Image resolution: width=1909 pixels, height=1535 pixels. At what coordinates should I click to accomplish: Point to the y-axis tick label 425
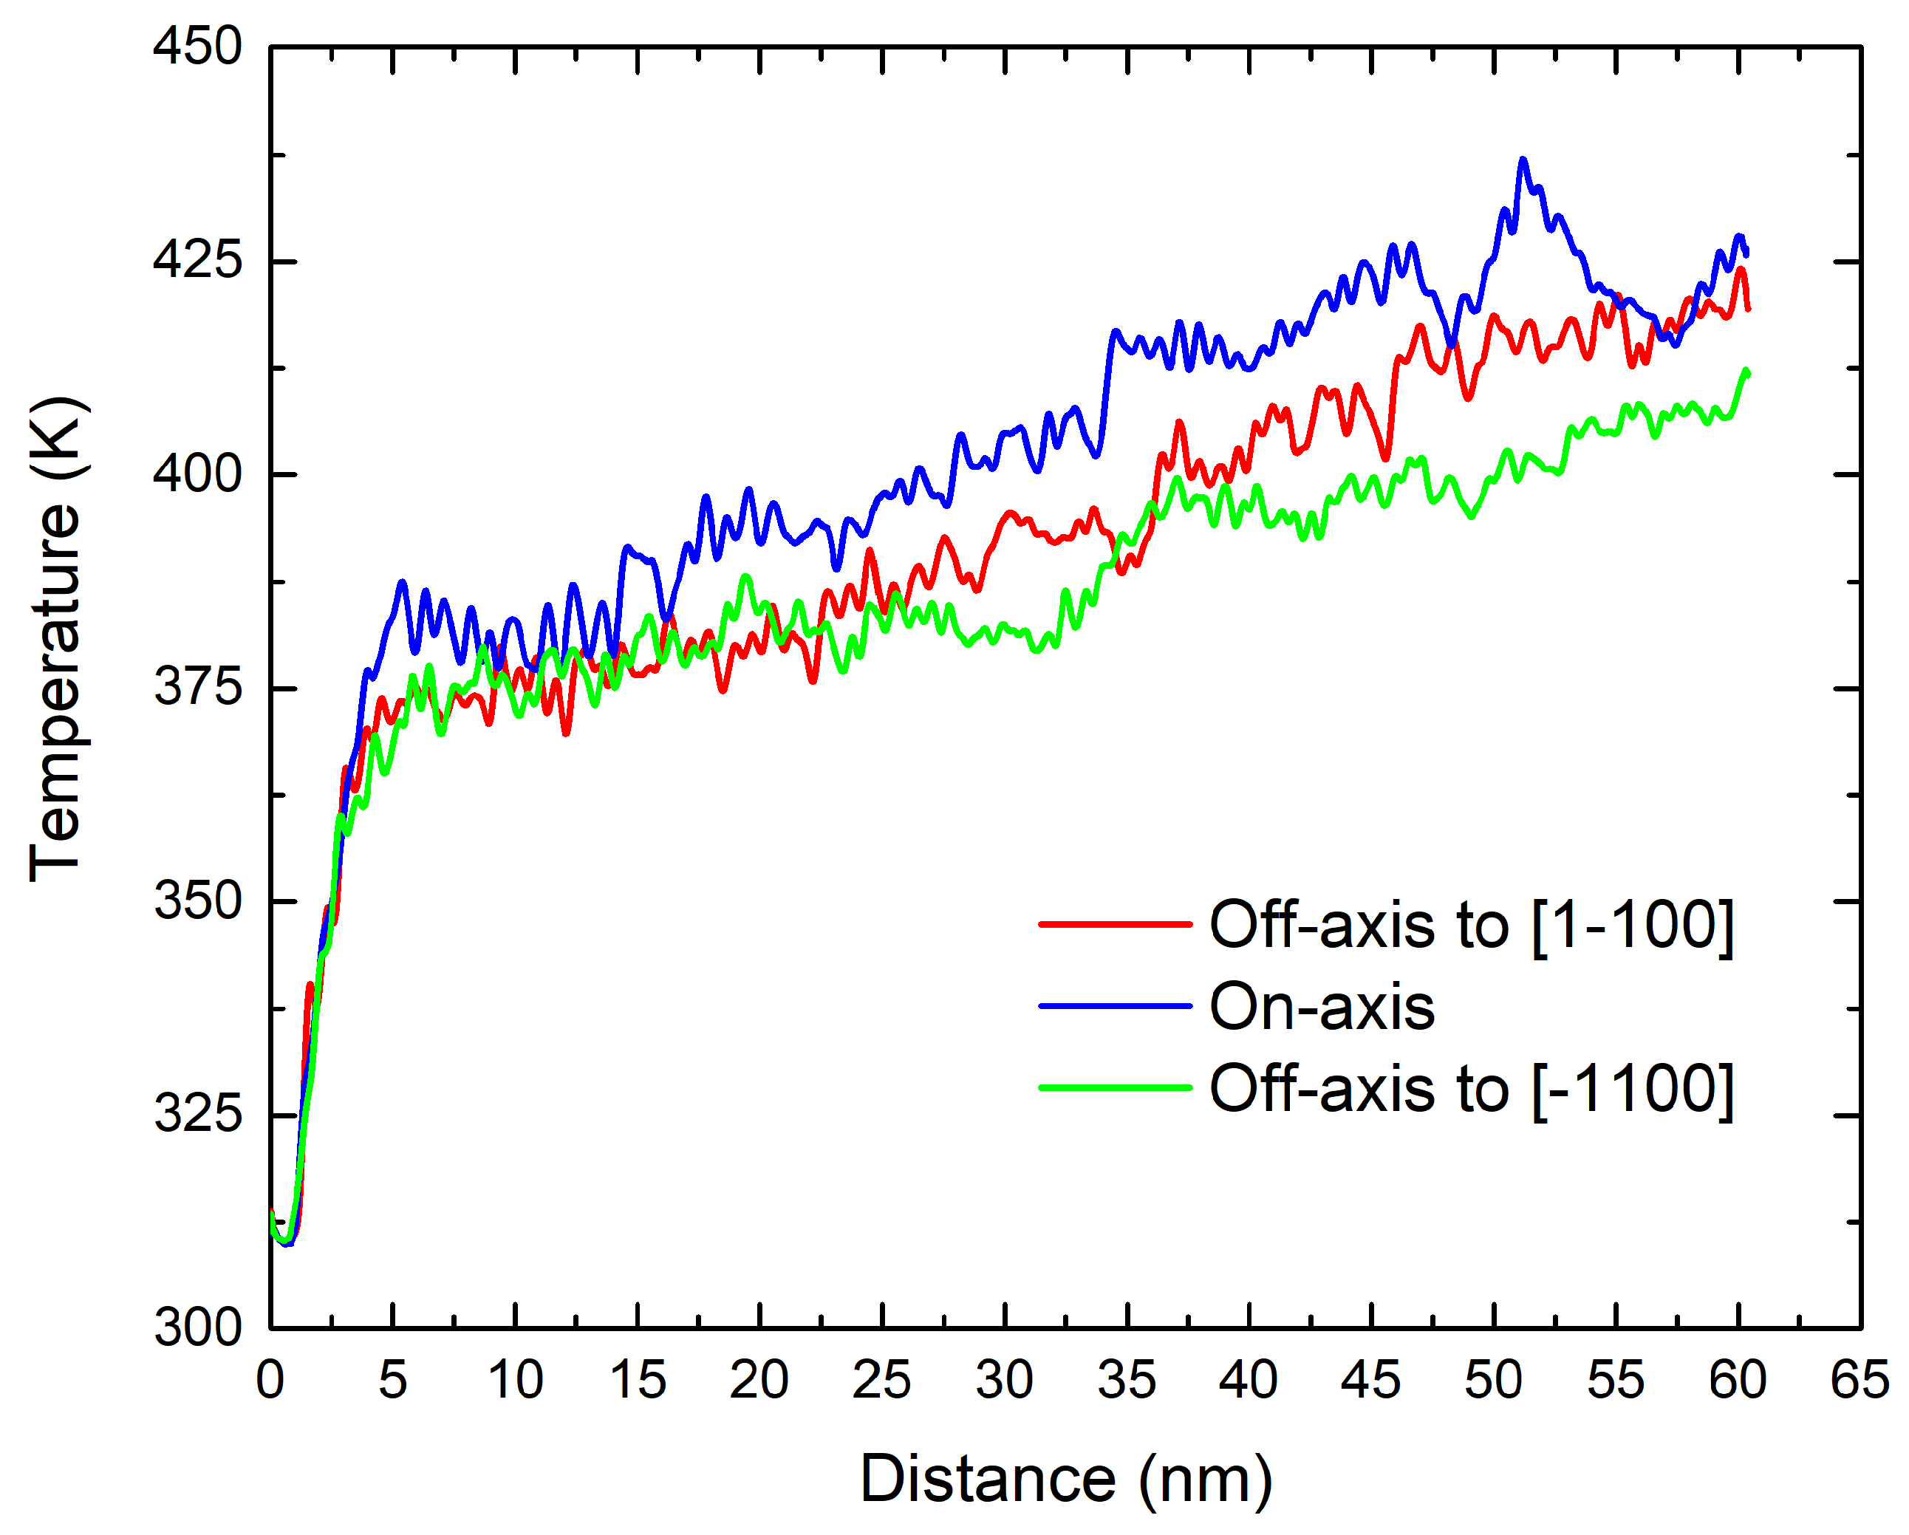tap(197, 261)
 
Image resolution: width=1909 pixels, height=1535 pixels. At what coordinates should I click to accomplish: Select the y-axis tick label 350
tap(197, 901)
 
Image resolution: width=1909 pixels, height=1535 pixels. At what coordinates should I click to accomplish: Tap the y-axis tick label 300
tap(197, 1328)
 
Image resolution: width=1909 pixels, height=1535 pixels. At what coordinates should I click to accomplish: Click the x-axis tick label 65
tap(1860, 1380)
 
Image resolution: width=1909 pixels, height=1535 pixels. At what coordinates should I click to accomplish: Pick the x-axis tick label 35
tap(1127, 1380)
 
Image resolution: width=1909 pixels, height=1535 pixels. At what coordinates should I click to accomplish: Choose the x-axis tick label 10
tap(514, 1380)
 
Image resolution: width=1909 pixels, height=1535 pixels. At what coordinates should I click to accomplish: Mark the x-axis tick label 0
tap(270, 1380)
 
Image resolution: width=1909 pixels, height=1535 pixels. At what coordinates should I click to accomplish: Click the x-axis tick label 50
tap(1493, 1380)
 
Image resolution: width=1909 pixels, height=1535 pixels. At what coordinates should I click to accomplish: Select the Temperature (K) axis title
tap(58, 639)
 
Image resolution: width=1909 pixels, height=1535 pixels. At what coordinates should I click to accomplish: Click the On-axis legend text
tap(1322, 1008)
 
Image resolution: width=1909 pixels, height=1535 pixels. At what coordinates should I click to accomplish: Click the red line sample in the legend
tap(1115, 924)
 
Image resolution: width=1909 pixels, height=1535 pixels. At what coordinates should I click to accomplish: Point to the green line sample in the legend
tap(1115, 1087)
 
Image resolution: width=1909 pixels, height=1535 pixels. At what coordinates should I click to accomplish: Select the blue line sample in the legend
tap(1115, 1005)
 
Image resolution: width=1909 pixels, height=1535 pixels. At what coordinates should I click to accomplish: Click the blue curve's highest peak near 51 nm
tap(1523, 160)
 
